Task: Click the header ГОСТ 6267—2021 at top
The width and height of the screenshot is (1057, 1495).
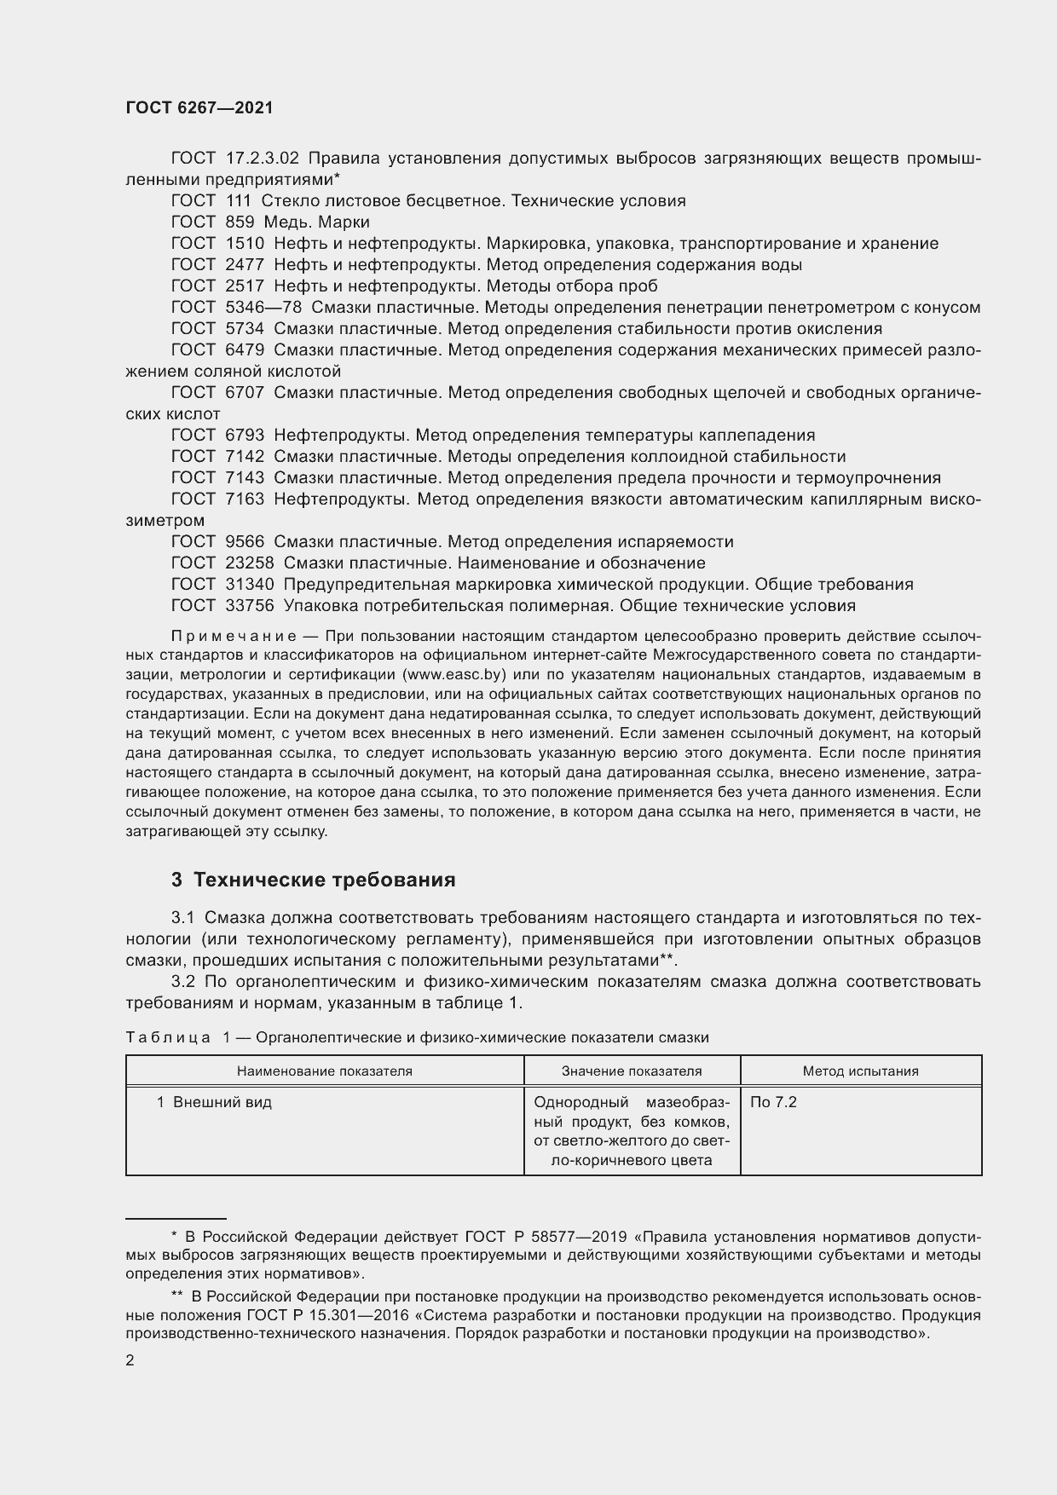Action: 199,108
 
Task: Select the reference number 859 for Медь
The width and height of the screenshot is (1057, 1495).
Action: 240,222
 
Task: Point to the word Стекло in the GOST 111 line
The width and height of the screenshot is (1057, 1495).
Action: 289,200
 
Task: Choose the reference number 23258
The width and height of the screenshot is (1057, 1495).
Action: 250,563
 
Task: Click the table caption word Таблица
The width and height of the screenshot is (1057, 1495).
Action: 167,1037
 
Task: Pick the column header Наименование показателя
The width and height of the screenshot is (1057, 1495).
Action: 324,1071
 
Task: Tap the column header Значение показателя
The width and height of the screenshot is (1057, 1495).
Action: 632,1071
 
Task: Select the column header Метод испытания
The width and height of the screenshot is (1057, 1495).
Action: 860,1071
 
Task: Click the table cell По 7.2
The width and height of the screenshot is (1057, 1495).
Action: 773,1102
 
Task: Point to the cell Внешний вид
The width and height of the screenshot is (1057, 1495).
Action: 222,1102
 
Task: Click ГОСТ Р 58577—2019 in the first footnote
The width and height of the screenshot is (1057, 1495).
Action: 546,1237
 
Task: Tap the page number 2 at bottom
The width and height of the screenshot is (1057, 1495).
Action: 130,1361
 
